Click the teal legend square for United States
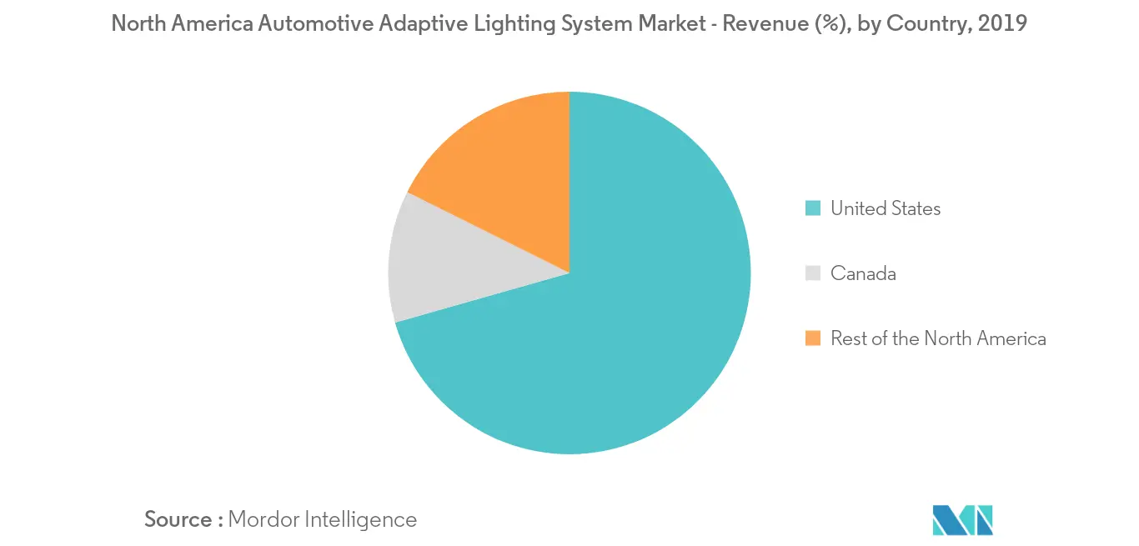813,208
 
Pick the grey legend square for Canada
813,273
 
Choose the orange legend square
813,338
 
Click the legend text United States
886,208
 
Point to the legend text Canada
863,273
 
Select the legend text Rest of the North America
938,338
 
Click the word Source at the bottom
178,519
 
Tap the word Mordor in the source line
263,519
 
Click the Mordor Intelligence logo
963,519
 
